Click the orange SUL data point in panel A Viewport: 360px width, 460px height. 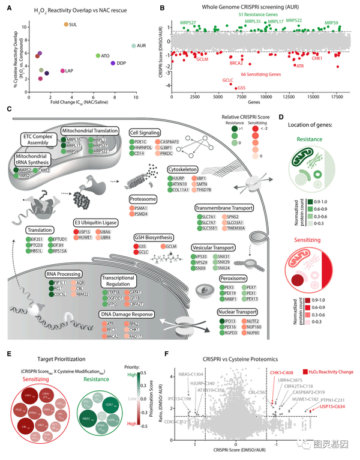[x=66, y=24]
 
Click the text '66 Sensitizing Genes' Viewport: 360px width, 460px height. [x=257, y=74]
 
